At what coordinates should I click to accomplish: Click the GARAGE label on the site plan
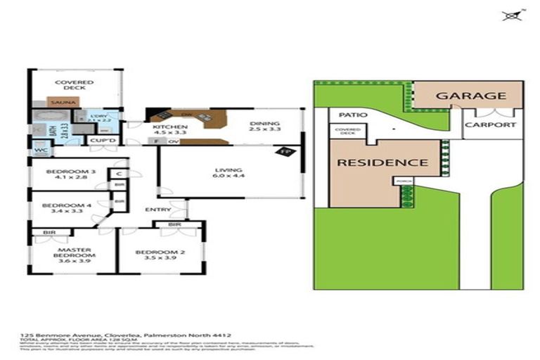(x=471, y=96)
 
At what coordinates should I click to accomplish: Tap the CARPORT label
(x=494, y=125)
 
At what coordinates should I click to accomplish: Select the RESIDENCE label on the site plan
(x=382, y=162)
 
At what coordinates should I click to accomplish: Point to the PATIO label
(x=349, y=115)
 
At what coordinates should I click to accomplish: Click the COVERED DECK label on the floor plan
(x=75, y=86)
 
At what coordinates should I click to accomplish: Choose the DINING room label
(x=266, y=127)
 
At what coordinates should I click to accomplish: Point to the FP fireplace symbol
(x=285, y=152)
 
